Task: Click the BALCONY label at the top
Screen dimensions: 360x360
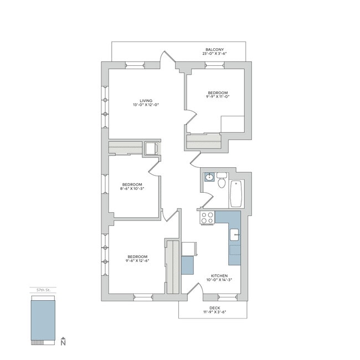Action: click(214, 49)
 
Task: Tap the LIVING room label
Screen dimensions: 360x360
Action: click(146, 100)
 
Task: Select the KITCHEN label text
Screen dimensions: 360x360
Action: click(219, 275)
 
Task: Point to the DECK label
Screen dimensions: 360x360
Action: click(214, 308)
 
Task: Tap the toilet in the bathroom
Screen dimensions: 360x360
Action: click(222, 180)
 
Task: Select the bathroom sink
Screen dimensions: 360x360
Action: click(209, 177)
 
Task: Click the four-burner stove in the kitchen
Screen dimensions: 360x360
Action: click(207, 218)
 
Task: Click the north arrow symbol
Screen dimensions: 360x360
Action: click(64, 342)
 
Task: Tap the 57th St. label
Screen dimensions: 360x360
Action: click(43, 290)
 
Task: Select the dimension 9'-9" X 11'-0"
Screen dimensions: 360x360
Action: click(218, 97)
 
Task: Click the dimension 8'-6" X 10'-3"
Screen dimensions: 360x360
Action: click(132, 189)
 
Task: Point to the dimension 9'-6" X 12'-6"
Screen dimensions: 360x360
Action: click(137, 261)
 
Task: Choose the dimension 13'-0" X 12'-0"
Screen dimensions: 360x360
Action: click(146, 105)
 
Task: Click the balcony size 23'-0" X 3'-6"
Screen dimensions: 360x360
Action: click(214, 54)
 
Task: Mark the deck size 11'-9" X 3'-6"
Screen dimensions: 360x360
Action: click(214, 313)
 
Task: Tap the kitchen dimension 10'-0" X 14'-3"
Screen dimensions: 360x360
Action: click(219, 280)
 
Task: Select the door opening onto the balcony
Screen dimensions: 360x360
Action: click(166, 59)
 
